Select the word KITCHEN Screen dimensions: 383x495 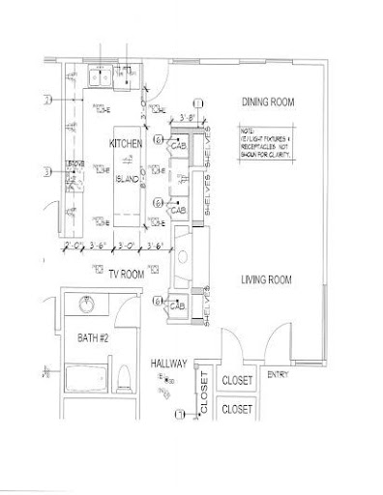(x=126, y=144)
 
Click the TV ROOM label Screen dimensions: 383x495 (x=126, y=274)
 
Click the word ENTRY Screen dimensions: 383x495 (x=278, y=374)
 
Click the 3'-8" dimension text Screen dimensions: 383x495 (x=189, y=119)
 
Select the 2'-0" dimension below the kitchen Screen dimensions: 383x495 (x=72, y=246)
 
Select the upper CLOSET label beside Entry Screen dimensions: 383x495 (x=238, y=381)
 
